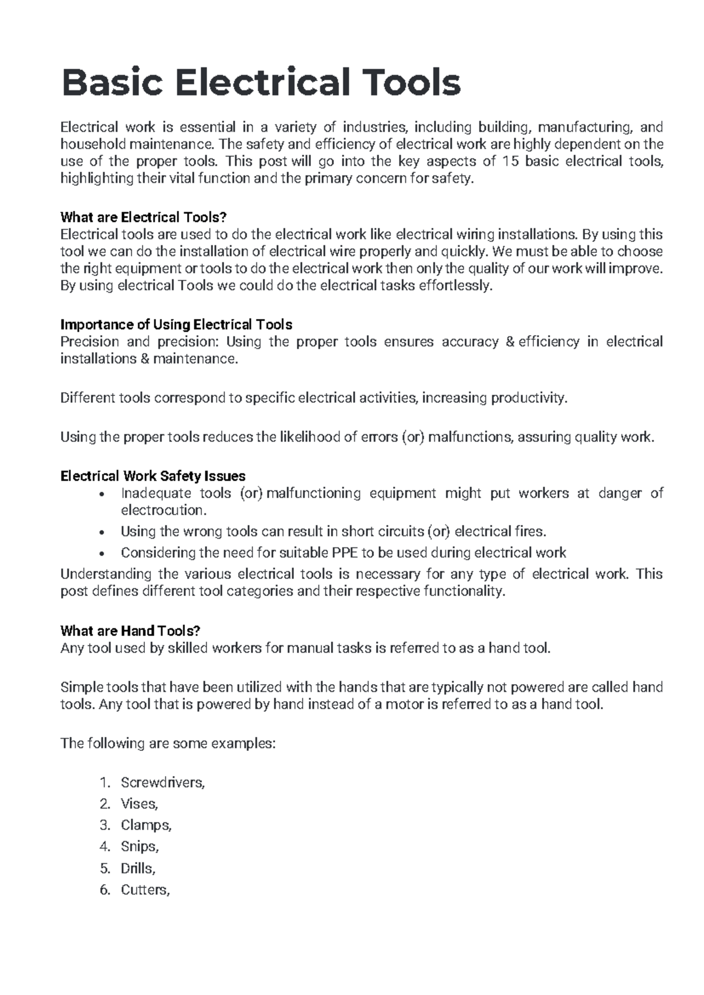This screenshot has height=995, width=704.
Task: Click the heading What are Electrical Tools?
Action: click(143, 217)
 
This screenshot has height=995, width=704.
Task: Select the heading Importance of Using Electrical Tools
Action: click(176, 324)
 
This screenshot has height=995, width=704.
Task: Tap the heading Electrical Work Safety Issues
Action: click(153, 476)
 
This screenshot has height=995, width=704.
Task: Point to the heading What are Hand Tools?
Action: click(130, 631)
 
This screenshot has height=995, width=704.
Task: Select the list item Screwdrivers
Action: click(163, 782)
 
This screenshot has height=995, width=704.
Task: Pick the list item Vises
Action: click(139, 804)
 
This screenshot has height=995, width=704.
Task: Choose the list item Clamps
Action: click(145, 825)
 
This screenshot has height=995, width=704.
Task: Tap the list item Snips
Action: click(140, 847)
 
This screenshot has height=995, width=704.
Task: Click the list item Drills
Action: click(138, 868)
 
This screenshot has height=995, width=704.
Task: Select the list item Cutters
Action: click(145, 889)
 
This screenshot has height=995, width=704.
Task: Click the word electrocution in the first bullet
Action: click(163, 510)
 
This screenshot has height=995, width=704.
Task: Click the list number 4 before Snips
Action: click(104, 847)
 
